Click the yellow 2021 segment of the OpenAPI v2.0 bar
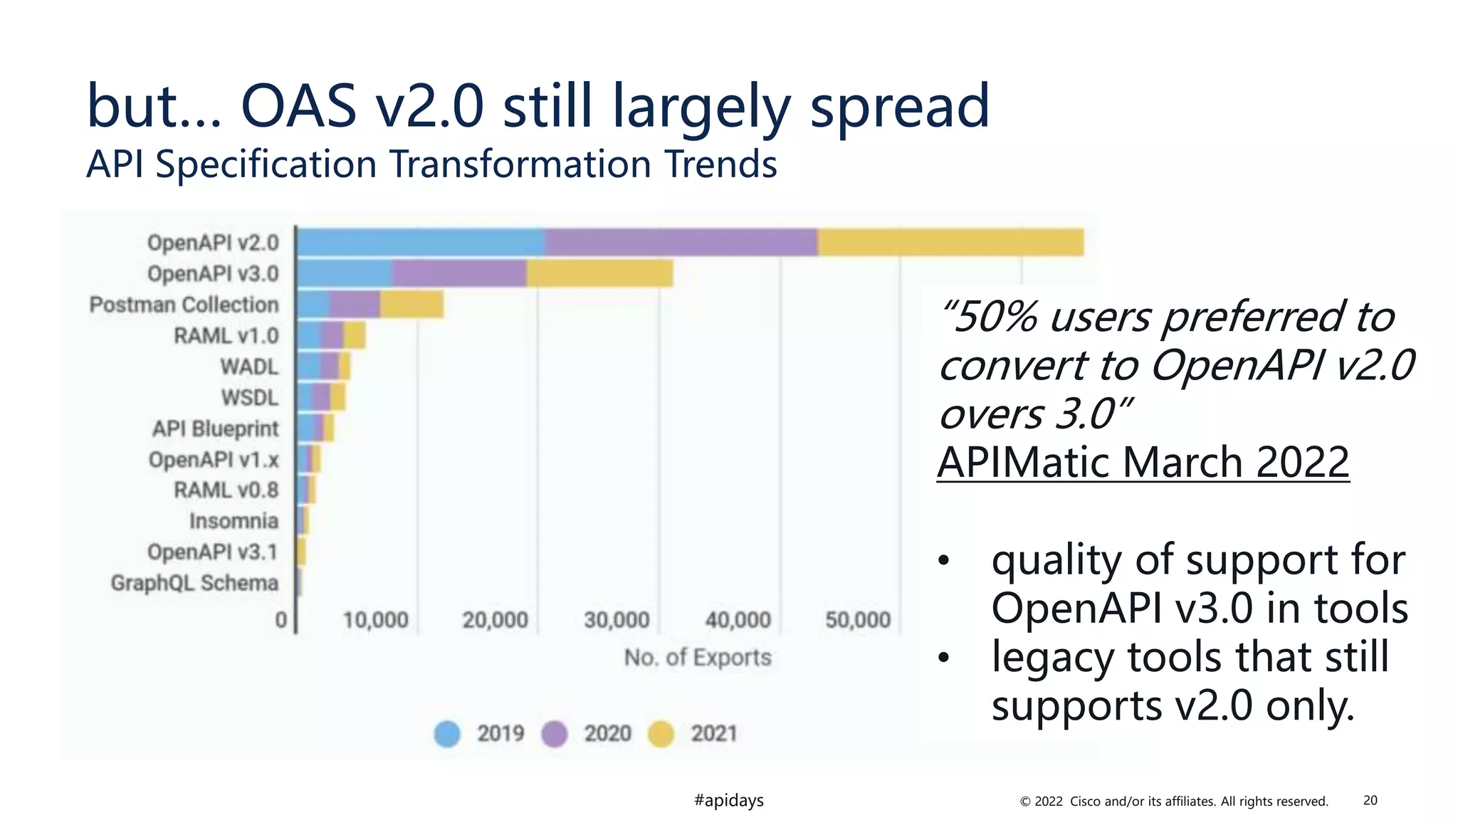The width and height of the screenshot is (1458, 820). pos(950,243)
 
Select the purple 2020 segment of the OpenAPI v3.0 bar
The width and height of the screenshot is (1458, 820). pos(459,273)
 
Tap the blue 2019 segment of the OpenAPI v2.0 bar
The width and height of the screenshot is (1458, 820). pos(420,243)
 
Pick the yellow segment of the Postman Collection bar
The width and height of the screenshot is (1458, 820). pos(411,305)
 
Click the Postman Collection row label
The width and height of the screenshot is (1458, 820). pos(184,305)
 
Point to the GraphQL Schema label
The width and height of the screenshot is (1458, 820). pos(194,583)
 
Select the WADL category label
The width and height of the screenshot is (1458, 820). pos(249,367)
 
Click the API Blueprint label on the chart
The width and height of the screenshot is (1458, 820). pos(215,429)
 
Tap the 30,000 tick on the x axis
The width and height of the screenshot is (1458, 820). pos(617,620)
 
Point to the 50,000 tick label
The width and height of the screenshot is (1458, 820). pos(858,620)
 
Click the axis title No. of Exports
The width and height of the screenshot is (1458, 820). pos(698,657)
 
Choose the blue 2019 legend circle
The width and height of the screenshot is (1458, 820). pos(447,734)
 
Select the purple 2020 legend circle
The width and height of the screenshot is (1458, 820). pos(554,734)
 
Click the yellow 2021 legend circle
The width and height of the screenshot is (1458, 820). pos(661,734)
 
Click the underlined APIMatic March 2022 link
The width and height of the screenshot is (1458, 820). pos(1143,462)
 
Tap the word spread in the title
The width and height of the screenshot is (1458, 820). pos(900,107)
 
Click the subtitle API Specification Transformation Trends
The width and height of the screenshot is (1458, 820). pos(431,164)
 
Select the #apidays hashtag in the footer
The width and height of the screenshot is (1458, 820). pos(728,800)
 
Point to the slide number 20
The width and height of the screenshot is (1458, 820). pos(1370,800)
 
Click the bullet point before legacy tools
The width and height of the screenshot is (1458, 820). pos(943,658)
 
